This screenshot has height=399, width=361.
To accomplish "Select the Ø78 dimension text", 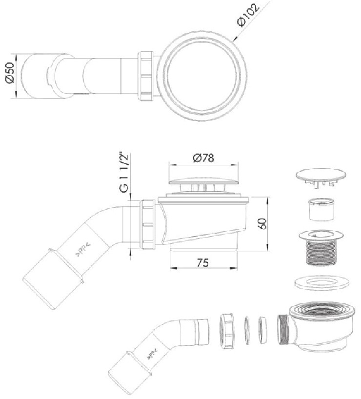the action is click(203, 158).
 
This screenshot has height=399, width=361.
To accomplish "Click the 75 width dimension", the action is click(202, 262).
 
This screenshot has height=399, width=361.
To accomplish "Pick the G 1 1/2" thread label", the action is click(124, 173).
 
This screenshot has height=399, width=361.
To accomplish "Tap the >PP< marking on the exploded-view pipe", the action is click(152, 355).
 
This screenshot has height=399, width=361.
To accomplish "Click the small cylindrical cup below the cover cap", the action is click(321, 210).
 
